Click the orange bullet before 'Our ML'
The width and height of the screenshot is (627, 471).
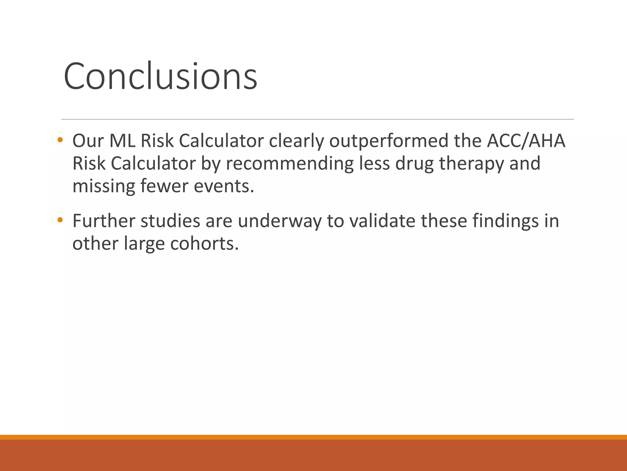(x=60, y=140)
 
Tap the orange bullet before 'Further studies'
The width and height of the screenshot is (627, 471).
(x=60, y=220)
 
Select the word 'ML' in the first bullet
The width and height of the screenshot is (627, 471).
(x=122, y=141)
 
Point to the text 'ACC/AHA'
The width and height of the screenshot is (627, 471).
(x=526, y=141)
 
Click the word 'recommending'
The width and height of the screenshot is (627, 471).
(x=290, y=164)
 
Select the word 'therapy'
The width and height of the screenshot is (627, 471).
(x=471, y=164)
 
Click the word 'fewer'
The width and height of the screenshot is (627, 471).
(x=164, y=186)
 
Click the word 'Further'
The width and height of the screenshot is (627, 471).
(x=104, y=221)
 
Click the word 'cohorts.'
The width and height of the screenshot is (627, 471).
(x=204, y=243)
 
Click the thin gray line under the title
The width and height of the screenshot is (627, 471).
(x=317, y=119)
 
